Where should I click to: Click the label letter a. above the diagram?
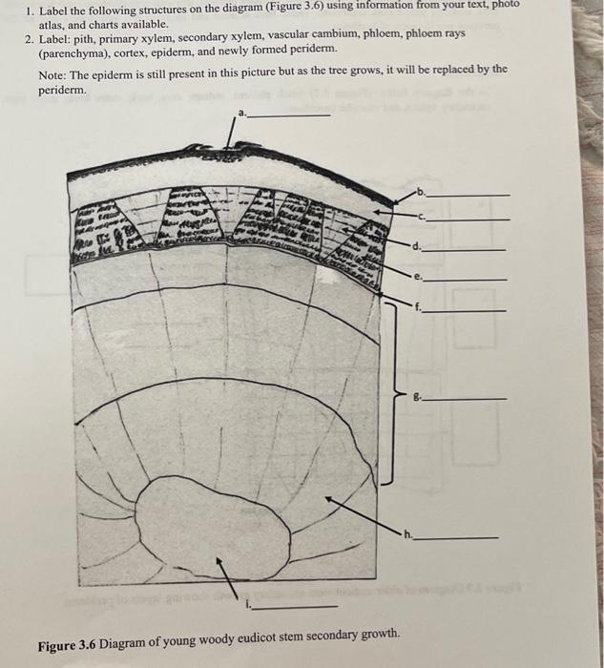[x=242, y=114]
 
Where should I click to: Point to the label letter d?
[x=416, y=247]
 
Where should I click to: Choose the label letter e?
[x=416, y=278]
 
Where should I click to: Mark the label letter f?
[x=416, y=308]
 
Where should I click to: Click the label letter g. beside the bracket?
[x=416, y=396]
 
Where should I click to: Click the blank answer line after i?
[x=297, y=607]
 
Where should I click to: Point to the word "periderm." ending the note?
[x=62, y=89]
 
